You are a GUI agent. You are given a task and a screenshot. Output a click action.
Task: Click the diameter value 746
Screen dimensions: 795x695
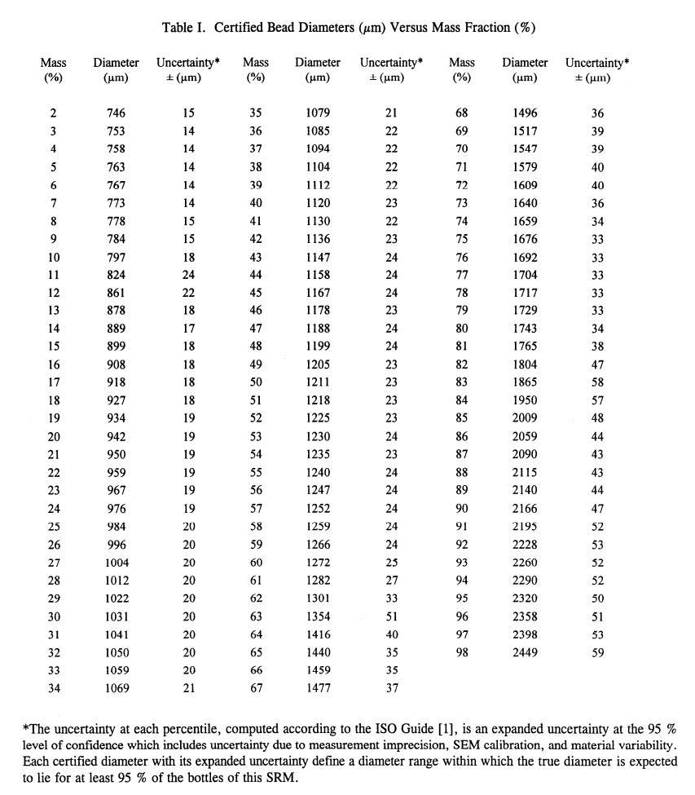coord(116,114)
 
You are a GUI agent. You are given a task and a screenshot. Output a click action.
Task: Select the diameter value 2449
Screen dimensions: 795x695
coord(525,652)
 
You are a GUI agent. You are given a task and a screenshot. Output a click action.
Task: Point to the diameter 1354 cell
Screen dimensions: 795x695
coord(318,616)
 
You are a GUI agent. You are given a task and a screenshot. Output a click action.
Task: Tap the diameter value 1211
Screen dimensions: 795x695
coord(318,382)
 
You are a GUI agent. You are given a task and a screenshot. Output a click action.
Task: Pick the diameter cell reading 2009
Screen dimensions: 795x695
coord(525,418)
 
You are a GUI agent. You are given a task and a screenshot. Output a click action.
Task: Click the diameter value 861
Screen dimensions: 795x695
coord(116,293)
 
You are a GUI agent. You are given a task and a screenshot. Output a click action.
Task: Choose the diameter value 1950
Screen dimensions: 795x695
coord(525,400)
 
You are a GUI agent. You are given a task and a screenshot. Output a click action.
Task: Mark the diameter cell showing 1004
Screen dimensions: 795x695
coord(116,563)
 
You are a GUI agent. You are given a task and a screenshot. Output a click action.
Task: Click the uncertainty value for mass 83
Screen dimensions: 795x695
coord(597,382)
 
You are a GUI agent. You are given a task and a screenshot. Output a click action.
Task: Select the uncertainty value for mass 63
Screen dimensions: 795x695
coord(391,616)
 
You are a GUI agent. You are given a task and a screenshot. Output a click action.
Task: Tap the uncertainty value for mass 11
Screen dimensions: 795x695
coord(188,275)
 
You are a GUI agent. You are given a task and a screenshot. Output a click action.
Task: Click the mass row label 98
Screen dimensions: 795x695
coord(462,652)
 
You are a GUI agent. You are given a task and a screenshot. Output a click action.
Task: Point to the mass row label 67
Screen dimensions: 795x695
coord(256,689)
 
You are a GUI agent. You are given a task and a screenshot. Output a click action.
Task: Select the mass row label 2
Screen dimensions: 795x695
coord(53,114)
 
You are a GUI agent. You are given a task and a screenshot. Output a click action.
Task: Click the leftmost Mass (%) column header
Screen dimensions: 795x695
coord(53,69)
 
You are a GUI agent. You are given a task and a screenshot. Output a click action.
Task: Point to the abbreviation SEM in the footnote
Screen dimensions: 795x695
coord(432,744)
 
